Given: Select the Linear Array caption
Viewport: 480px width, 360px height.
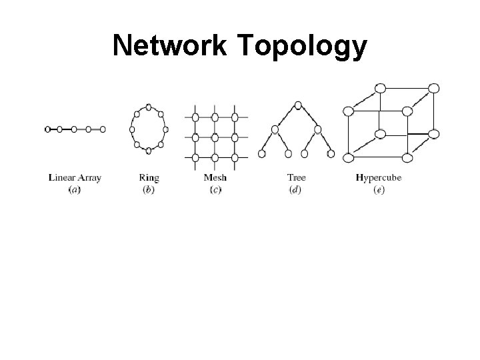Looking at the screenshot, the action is pyautogui.click(x=75, y=178).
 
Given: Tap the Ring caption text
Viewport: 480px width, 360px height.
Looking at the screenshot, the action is pyautogui.click(x=149, y=178).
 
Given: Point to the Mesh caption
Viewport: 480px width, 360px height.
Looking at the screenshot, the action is pyautogui.click(x=215, y=178).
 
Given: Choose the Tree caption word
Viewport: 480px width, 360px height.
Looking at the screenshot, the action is pyautogui.click(x=297, y=178).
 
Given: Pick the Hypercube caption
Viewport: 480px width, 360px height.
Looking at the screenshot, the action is pyautogui.click(x=379, y=178).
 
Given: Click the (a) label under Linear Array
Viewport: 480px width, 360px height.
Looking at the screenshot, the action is pyautogui.click(x=75, y=189).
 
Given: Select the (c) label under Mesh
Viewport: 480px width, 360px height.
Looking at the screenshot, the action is pyautogui.click(x=215, y=189).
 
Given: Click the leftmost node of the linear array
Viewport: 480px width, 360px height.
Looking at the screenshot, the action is pyautogui.click(x=47, y=129).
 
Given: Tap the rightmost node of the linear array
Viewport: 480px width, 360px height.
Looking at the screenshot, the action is pyautogui.click(x=103, y=129).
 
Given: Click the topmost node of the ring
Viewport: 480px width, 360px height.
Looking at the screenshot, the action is pyautogui.click(x=149, y=107).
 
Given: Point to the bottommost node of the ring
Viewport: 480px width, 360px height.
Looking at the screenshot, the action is pyautogui.click(x=149, y=151).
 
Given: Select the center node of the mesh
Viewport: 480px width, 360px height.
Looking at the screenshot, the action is pyautogui.click(x=215, y=137).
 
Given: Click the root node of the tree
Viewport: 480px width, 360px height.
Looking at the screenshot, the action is pyautogui.click(x=298, y=105).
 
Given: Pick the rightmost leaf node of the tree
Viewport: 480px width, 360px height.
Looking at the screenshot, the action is pyautogui.click(x=331, y=154).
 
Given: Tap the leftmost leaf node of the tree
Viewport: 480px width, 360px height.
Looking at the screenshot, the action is pyautogui.click(x=262, y=154).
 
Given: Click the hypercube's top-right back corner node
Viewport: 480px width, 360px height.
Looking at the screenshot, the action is pyautogui.click(x=433, y=88).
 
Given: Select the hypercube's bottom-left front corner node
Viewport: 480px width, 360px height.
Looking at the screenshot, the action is pyautogui.click(x=348, y=157).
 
